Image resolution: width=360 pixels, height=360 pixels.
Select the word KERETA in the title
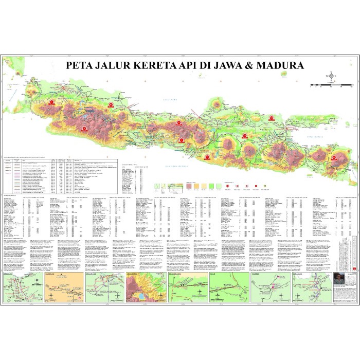pos(154,65)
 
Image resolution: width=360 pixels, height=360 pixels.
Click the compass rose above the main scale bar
pos(331,77)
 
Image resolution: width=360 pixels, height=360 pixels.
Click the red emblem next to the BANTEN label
pos(51,103)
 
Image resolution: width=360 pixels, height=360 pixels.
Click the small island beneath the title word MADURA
pos(284,74)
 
